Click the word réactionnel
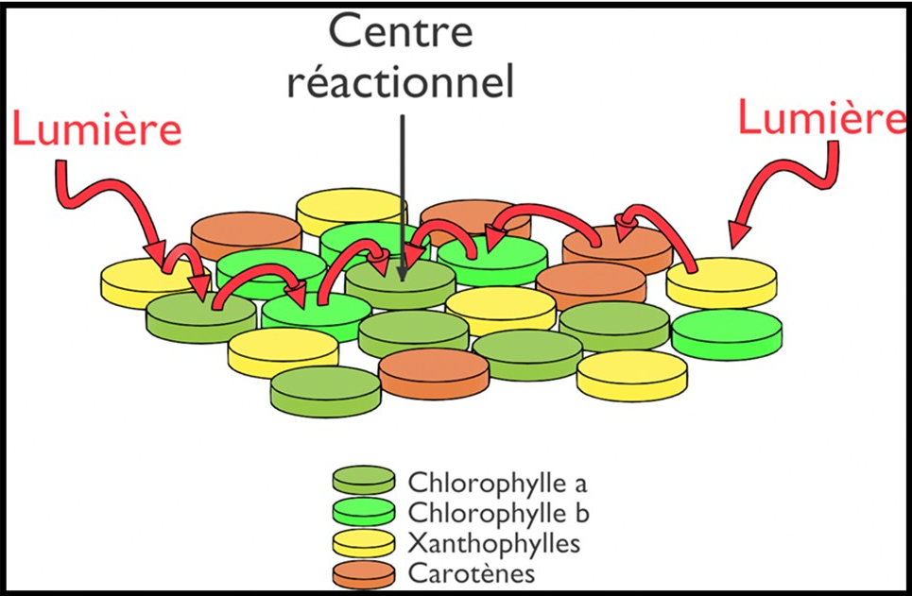click(401, 82)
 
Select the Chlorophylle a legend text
click(498, 483)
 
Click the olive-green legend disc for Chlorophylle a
click(364, 480)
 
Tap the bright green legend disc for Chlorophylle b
click(364, 510)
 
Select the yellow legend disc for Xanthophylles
click(364, 541)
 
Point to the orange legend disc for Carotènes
click(364, 572)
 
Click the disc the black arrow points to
click(400, 281)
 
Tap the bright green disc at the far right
click(727, 332)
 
